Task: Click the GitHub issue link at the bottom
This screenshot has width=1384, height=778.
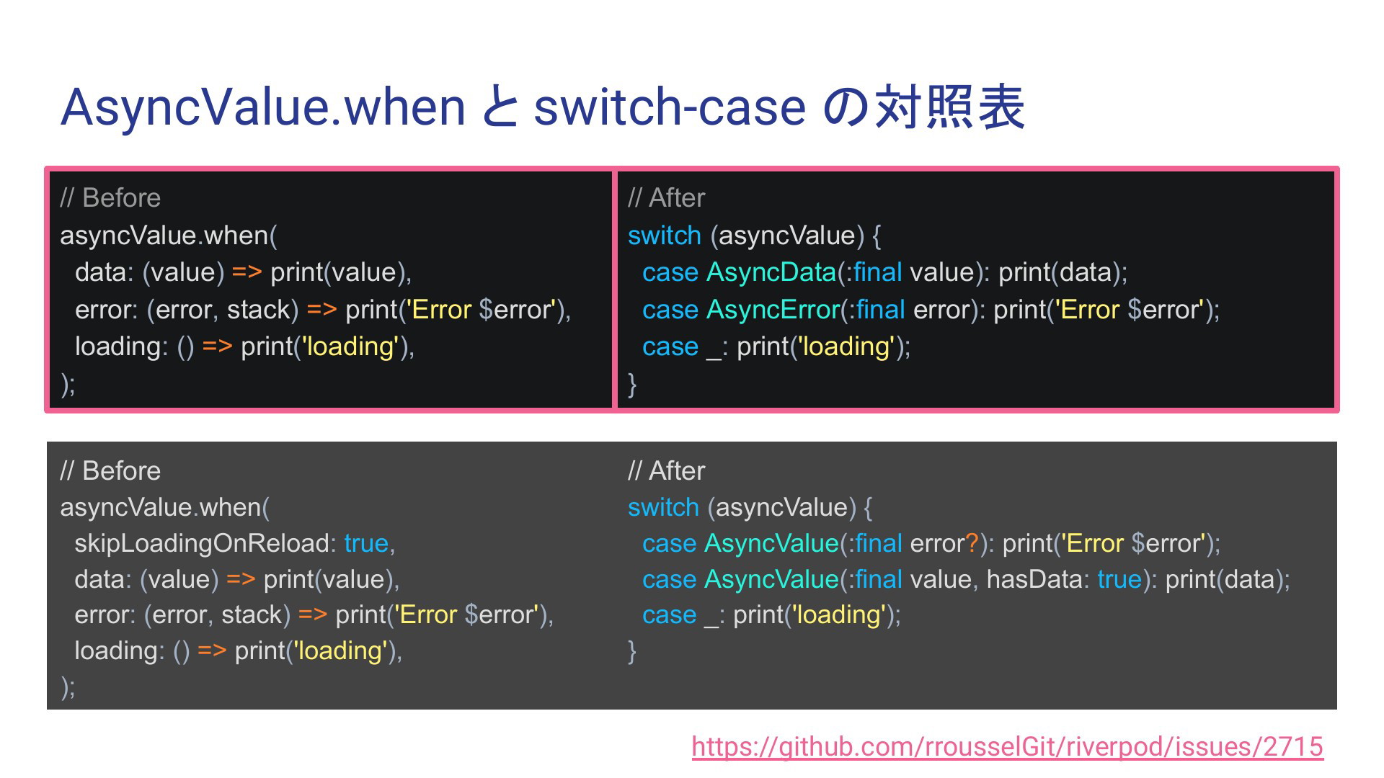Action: pyautogui.click(x=1007, y=747)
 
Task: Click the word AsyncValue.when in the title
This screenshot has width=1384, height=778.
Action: pyautogui.click(x=264, y=107)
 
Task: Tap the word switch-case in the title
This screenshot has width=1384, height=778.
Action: pyautogui.click(x=669, y=107)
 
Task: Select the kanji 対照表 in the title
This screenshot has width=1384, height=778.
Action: pyautogui.click(x=949, y=107)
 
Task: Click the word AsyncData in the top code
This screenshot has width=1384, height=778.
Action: pyautogui.click(x=771, y=272)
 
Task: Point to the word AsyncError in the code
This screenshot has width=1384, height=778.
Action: pyautogui.click(x=773, y=310)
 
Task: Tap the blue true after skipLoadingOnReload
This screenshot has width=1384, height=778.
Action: pyautogui.click(x=366, y=543)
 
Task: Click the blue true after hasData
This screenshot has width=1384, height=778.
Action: pyautogui.click(x=1119, y=579)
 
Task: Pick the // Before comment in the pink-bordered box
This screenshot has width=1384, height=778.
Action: pyautogui.click(x=110, y=198)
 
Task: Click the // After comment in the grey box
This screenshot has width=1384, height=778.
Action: pyautogui.click(x=666, y=471)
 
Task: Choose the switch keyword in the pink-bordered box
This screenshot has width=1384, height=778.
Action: pyautogui.click(x=665, y=236)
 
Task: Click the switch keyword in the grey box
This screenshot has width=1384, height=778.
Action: pyautogui.click(x=663, y=507)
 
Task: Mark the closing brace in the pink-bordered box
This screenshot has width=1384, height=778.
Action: pyautogui.click(x=632, y=384)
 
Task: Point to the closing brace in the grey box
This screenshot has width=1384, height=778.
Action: pyautogui.click(x=632, y=651)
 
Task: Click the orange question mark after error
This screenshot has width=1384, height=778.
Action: pyautogui.click(x=972, y=543)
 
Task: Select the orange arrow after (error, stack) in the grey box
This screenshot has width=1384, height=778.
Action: pyautogui.click(x=313, y=615)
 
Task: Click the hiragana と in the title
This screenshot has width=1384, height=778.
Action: pyautogui.click(x=499, y=107)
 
